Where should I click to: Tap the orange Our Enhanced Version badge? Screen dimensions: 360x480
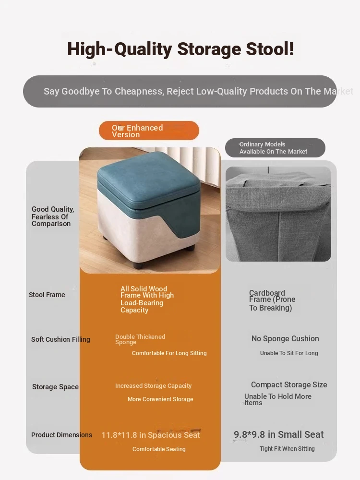[149, 131]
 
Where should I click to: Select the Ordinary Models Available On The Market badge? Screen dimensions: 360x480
[275, 148]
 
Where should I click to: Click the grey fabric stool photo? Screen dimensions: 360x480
[278, 214]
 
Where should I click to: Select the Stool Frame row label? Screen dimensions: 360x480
[47, 295]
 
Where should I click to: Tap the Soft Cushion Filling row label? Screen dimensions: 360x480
[60, 339]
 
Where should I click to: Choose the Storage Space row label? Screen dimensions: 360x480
[55, 387]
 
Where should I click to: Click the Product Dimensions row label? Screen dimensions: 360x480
[61, 435]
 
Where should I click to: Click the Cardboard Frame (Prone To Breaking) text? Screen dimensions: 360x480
[272, 300]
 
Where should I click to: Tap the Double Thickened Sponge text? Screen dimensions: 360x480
[140, 339]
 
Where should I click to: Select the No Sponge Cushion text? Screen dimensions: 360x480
[285, 338]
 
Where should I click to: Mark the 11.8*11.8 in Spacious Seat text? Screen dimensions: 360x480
[151, 435]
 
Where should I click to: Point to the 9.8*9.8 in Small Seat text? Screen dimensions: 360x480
[278, 434]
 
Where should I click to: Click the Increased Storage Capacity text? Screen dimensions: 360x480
[154, 386]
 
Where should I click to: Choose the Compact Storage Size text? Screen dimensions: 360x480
[289, 384]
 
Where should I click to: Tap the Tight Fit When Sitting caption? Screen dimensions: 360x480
[287, 448]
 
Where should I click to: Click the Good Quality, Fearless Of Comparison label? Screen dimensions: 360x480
[53, 216]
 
